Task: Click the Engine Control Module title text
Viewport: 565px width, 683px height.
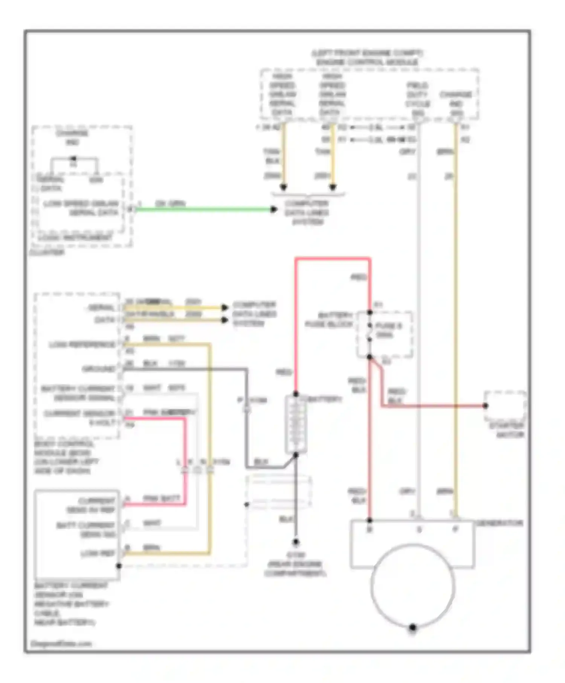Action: tap(367, 58)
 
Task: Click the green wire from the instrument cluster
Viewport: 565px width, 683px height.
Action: tap(203, 209)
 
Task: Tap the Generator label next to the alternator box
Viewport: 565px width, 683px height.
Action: tap(499, 523)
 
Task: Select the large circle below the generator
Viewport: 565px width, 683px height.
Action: tap(412, 585)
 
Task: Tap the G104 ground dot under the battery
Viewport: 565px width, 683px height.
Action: tap(296, 542)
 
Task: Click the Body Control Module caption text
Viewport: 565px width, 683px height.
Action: tap(66, 457)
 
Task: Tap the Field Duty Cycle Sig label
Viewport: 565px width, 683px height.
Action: tap(417, 99)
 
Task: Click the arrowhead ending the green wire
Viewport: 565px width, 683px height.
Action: tap(274, 209)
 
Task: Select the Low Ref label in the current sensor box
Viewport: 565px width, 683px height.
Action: tap(98, 553)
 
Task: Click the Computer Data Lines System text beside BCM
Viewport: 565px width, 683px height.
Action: tap(254, 314)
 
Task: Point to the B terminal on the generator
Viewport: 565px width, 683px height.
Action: tap(370, 529)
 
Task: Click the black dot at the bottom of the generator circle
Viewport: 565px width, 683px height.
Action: tap(412, 627)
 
